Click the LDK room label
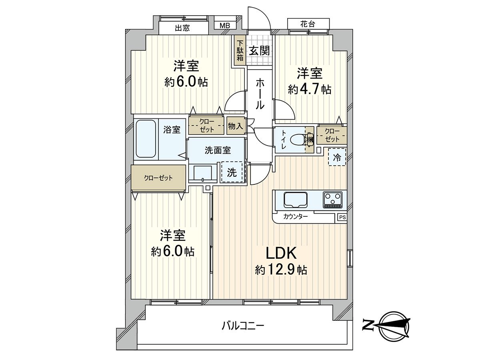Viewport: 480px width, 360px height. pyautogui.click(x=281, y=253)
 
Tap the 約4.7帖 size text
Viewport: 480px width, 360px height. pyautogui.click(x=309, y=89)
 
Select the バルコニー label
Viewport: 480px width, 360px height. pyautogui.click(x=243, y=326)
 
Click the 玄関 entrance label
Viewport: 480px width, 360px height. pyautogui.click(x=259, y=51)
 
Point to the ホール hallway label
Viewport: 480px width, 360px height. pyautogui.click(x=260, y=94)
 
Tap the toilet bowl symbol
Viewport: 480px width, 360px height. pyautogui.click(x=298, y=140)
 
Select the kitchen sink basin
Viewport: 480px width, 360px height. pyautogui.click(x=295, y=199)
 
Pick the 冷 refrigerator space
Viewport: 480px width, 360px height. pyautogui.click(x=337, y=158)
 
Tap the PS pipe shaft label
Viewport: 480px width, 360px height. pyautogui.click(x=342, y=217)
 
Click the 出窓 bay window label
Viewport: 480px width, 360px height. pyautogui.click(x=182, y=28)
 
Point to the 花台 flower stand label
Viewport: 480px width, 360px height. pyautogui.click(x=308, y=24)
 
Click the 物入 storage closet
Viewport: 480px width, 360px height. pyautogui.click(x=235, y=126)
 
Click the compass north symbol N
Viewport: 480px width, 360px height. pyautogui.click(x=366, y=325)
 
